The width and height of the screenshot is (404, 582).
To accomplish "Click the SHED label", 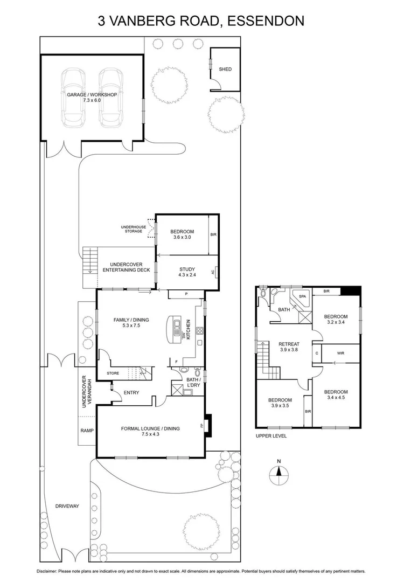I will point(225,70).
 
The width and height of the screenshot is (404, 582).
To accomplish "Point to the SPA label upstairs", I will point(302,297).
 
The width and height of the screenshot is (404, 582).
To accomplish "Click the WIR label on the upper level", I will point(340,354).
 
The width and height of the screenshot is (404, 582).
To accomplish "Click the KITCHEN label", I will point(188,328).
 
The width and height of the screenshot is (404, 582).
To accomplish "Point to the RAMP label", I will point(87,431).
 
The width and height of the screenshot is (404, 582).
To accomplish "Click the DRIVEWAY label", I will point(67,506).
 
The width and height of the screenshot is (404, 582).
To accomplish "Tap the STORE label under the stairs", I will point(113,373).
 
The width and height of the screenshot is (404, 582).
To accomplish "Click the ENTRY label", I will point(131,392).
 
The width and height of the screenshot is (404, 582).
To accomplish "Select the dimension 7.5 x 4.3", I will point(150,434).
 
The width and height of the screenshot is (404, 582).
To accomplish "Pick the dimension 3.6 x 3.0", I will point(182,237).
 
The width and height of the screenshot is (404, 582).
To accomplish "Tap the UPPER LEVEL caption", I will point(271,435).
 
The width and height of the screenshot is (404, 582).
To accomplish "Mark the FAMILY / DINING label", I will point(131,320).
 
